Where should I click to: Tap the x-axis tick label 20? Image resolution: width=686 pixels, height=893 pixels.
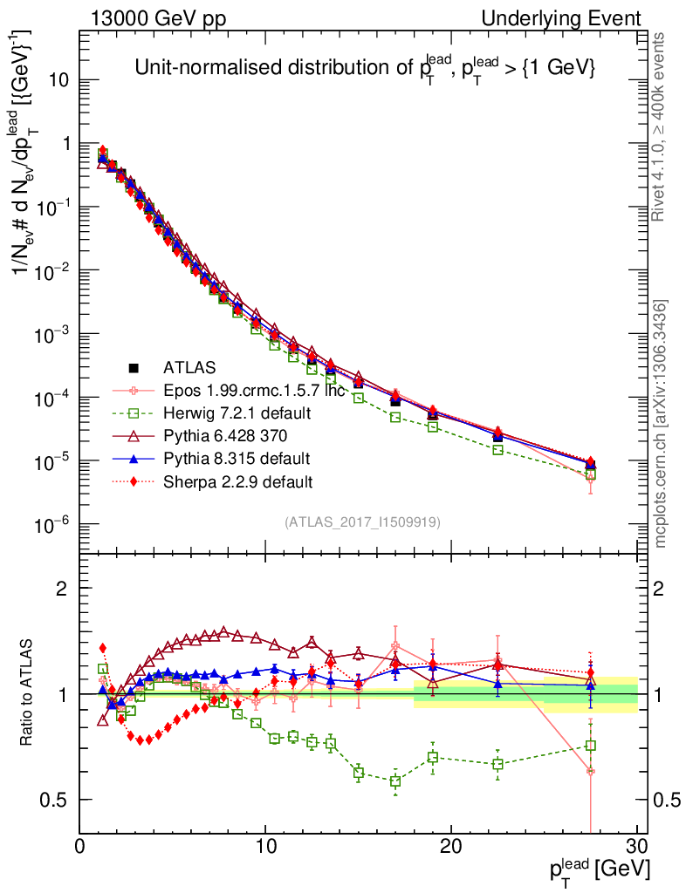pos(451,847)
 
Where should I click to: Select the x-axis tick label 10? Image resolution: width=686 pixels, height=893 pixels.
pos(265,847)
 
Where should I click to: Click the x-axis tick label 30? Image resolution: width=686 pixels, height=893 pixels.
pos(636,847)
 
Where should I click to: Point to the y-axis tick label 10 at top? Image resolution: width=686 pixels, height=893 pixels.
pos(58,80)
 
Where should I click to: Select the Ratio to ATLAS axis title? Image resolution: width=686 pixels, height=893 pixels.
pos(29,694)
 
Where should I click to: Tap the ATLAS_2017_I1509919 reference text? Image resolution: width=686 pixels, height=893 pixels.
pos(362,522)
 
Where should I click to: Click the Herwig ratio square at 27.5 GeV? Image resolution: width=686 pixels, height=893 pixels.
pos(591,746)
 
